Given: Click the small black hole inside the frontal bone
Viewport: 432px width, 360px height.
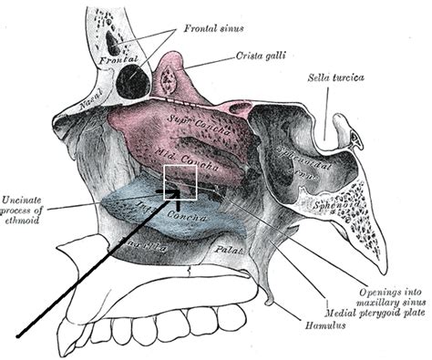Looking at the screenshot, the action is [114, 41].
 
